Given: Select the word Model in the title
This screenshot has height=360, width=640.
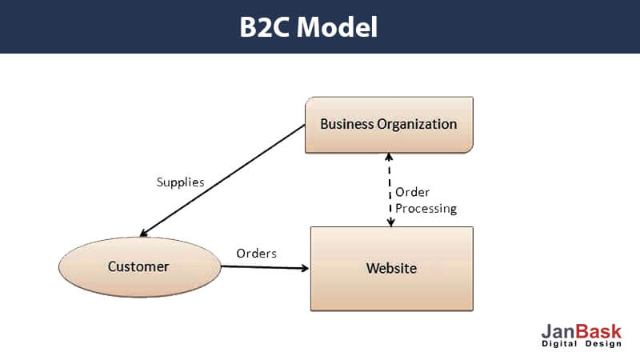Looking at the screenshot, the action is click(x=337, y=27).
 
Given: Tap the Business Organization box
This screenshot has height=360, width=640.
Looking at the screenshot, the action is click(x=389, y=125).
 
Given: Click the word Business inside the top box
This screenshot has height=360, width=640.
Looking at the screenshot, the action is click(x=346, y=124).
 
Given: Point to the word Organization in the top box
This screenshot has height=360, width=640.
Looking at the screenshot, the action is click(x=417, y=125).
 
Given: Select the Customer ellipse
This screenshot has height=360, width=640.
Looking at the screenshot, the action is click(x=139, y=267).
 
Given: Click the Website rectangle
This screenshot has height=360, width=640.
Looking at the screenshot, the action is click(x=392, y=269).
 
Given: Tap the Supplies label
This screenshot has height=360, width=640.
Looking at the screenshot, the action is click(x=181, y=182).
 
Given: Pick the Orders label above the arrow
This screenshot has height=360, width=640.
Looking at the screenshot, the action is click(x=256, y=254).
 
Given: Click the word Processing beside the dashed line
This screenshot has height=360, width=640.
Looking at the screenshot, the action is click(x=426, y=209).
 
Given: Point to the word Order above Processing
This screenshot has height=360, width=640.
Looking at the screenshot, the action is click(x=412, y=192).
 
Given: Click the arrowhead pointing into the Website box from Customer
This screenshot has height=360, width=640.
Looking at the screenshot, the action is click(x=305, y=268).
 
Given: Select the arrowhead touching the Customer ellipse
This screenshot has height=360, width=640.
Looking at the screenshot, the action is click(x=144, y=233).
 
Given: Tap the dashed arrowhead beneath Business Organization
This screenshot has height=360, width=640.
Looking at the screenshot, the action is click(x=389, y=157).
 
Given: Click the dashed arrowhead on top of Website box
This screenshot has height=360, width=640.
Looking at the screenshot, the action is click(x=391, y=222).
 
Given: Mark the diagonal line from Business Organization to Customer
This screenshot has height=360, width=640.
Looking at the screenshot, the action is click(x=222, y=181).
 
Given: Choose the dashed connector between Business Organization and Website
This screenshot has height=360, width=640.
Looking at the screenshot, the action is click(x=390, y=190).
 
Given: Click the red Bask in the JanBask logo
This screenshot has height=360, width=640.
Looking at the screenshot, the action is click(x=598, y=331).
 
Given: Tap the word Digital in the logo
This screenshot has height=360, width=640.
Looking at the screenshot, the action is click(x=559, y=344).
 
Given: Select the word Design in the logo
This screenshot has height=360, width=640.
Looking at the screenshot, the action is click(x=603, y=344).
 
